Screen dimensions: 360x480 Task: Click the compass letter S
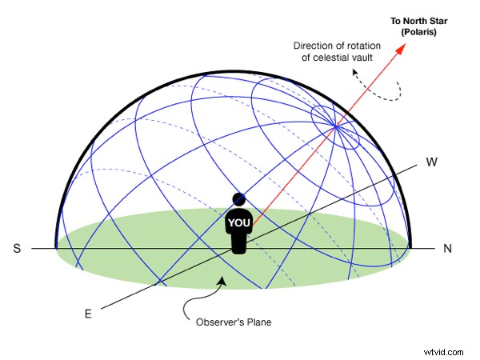tap(17, 249)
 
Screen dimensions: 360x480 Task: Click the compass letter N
tap(447, 249)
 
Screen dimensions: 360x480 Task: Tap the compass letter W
tap(432, 162)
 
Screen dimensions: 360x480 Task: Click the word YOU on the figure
tap(239, 222)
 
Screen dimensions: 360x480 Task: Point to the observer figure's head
tap(239, 198)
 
